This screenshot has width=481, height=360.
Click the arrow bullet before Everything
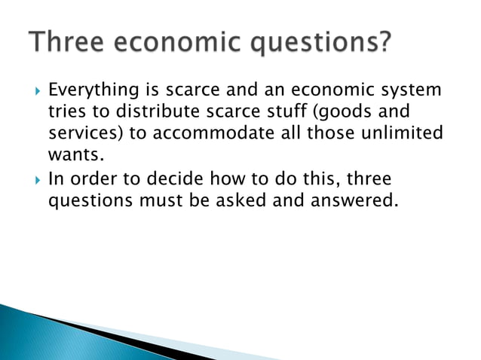coord(35,92)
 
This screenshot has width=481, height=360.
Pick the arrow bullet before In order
coord(35,181)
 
